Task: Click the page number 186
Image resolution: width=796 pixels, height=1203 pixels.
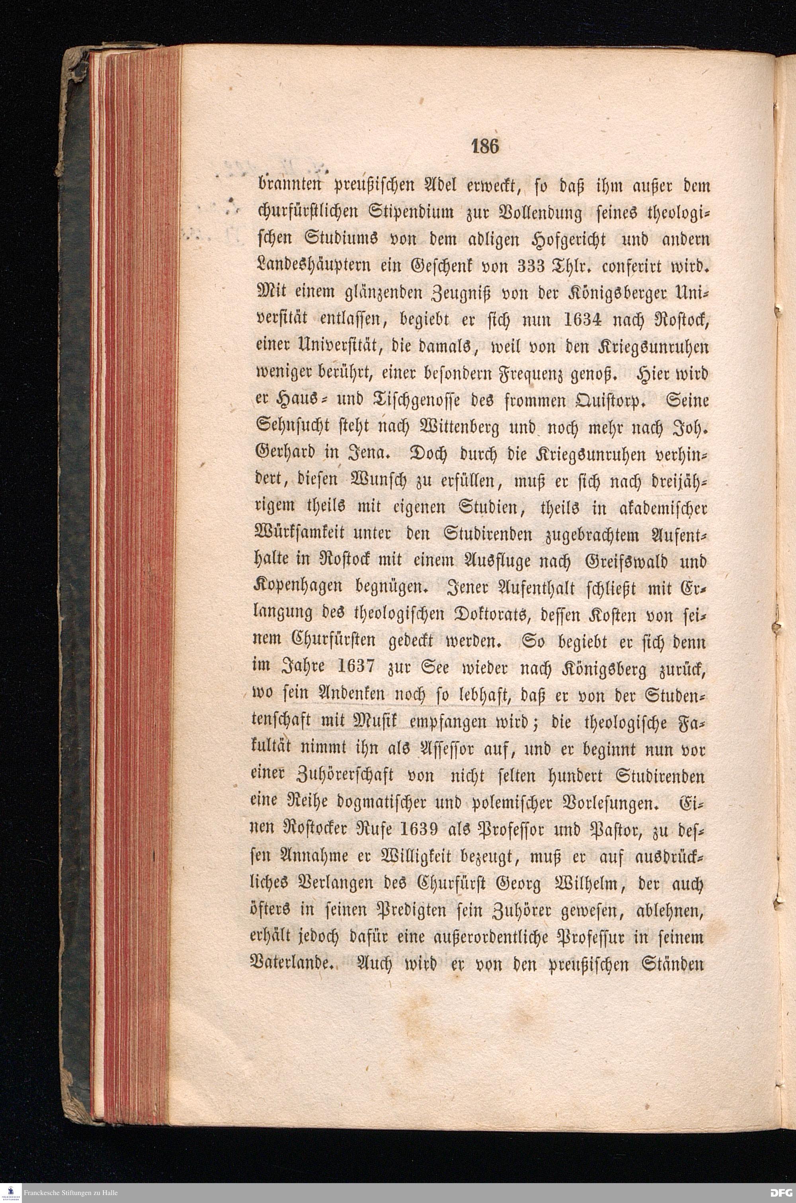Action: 486,146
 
